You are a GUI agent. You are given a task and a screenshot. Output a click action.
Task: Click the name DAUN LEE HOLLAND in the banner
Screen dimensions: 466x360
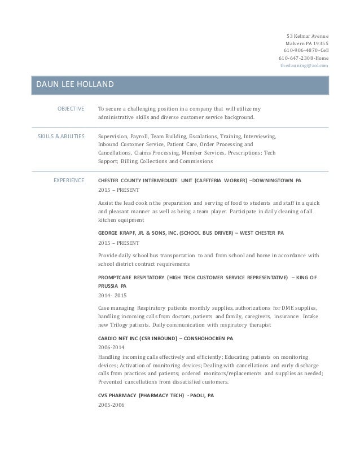[x=74, y=85]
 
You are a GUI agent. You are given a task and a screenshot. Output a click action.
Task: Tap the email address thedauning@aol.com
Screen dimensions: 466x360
[x=304, y=65]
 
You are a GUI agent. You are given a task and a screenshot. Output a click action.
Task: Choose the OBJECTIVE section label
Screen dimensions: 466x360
[x=71, y=109]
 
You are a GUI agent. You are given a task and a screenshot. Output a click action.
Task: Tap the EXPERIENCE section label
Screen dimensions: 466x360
[x=69, y=181]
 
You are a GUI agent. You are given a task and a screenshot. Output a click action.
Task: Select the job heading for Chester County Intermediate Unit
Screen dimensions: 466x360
[x=200, y=181]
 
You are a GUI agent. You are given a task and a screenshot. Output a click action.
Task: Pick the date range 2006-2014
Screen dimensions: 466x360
[x=111, y=347]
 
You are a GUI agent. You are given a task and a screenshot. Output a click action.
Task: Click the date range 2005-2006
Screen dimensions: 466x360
[x=111, y=406]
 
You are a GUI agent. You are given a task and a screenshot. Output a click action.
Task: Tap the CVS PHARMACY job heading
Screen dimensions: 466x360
[x=156, y=395]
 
